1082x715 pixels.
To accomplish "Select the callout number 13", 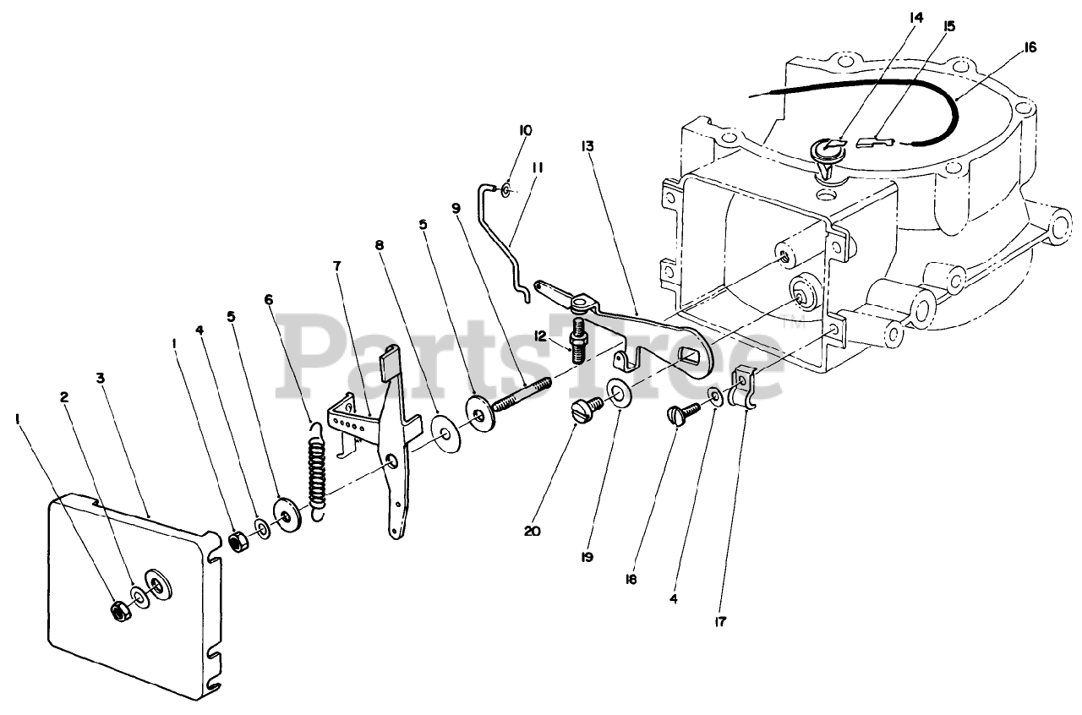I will point(587,146).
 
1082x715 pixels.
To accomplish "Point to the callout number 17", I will point(719,622).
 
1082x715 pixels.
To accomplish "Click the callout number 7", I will point(337,265).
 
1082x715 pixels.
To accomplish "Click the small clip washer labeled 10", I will point(505,189).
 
